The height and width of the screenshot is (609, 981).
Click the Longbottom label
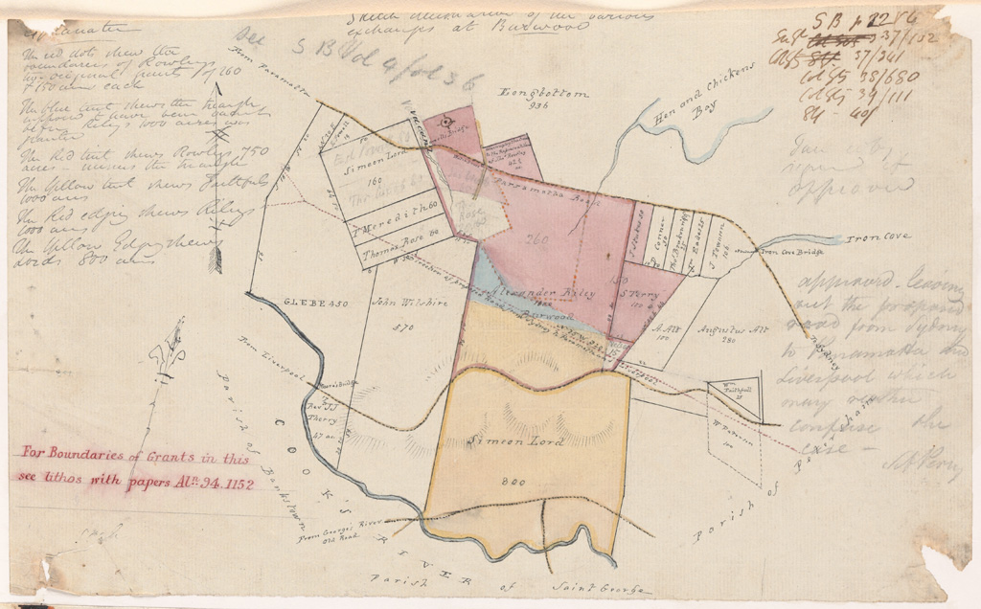click(541, 94)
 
